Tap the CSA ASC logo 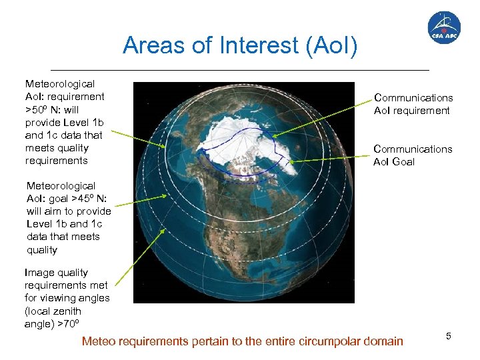click(x=443, y=28)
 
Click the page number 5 click(x=449, y=337)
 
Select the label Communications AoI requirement click(x=413, y=104)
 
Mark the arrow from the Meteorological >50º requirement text click(x=137, y=139)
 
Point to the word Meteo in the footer click(x=98, y=341)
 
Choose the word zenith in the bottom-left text click(x=66, y=311)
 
